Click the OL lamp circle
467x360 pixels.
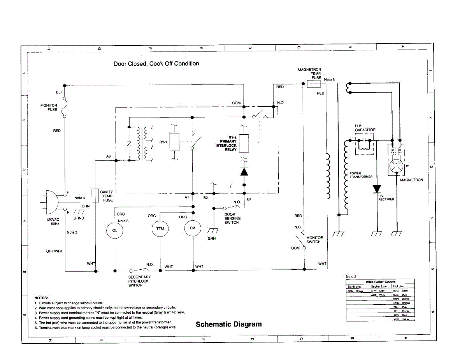114,230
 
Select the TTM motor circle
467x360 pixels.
160,229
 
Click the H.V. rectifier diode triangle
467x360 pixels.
376,189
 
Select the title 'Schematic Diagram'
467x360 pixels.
228,324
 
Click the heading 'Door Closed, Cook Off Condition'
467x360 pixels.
156,64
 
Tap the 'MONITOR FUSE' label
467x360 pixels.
49,107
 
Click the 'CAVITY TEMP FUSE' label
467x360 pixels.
107,196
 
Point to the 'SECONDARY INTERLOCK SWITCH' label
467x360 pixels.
139,281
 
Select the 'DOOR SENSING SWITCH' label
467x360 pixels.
232,218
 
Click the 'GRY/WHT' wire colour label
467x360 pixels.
54,251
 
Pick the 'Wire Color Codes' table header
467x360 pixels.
380,282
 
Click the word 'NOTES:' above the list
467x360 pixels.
41,298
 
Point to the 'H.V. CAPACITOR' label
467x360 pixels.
365,128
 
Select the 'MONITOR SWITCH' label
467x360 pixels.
314,240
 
